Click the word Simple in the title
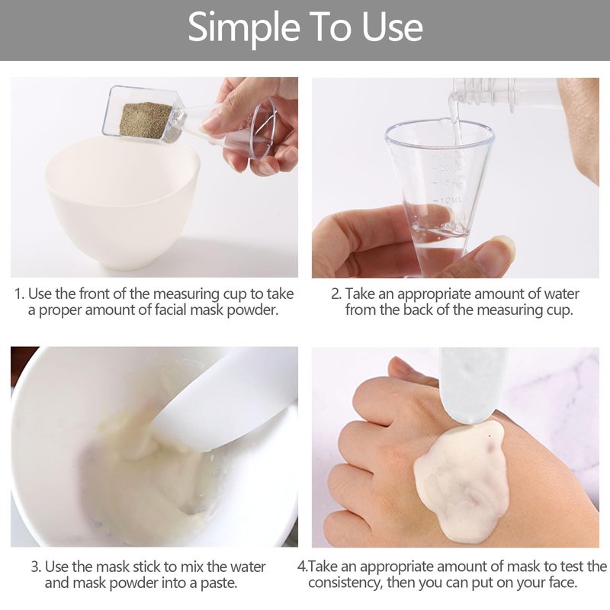click(x=244, y=27)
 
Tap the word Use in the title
click(x=392, y=27)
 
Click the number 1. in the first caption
click(x=20, y=294)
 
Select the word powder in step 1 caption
click(x=252, y=310)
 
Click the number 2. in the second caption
click(x=336, y=294)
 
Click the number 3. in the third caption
click(x=37, y=567)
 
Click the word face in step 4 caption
click(x=559, y=583)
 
